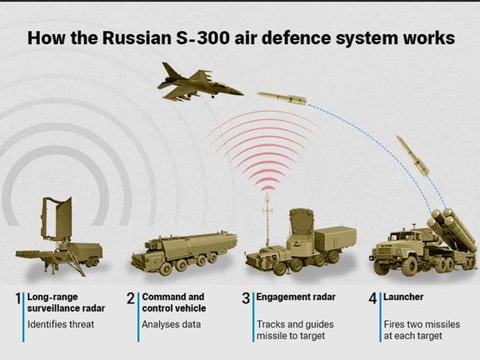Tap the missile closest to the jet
point(282,98)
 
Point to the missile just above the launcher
point(412,156)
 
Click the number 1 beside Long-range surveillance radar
point(18,298)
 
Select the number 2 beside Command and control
point(131,298)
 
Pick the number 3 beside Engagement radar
point(246,298)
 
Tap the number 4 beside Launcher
point(372,298)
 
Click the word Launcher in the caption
point(403,297)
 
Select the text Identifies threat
point(61,324)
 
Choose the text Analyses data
point(171,324)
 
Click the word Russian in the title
point(137,38)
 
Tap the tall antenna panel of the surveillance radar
point(57,218)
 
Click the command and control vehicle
point(184,253)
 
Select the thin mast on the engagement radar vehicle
point(267,220)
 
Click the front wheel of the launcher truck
point(410,267)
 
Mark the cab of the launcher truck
point(402,242)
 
